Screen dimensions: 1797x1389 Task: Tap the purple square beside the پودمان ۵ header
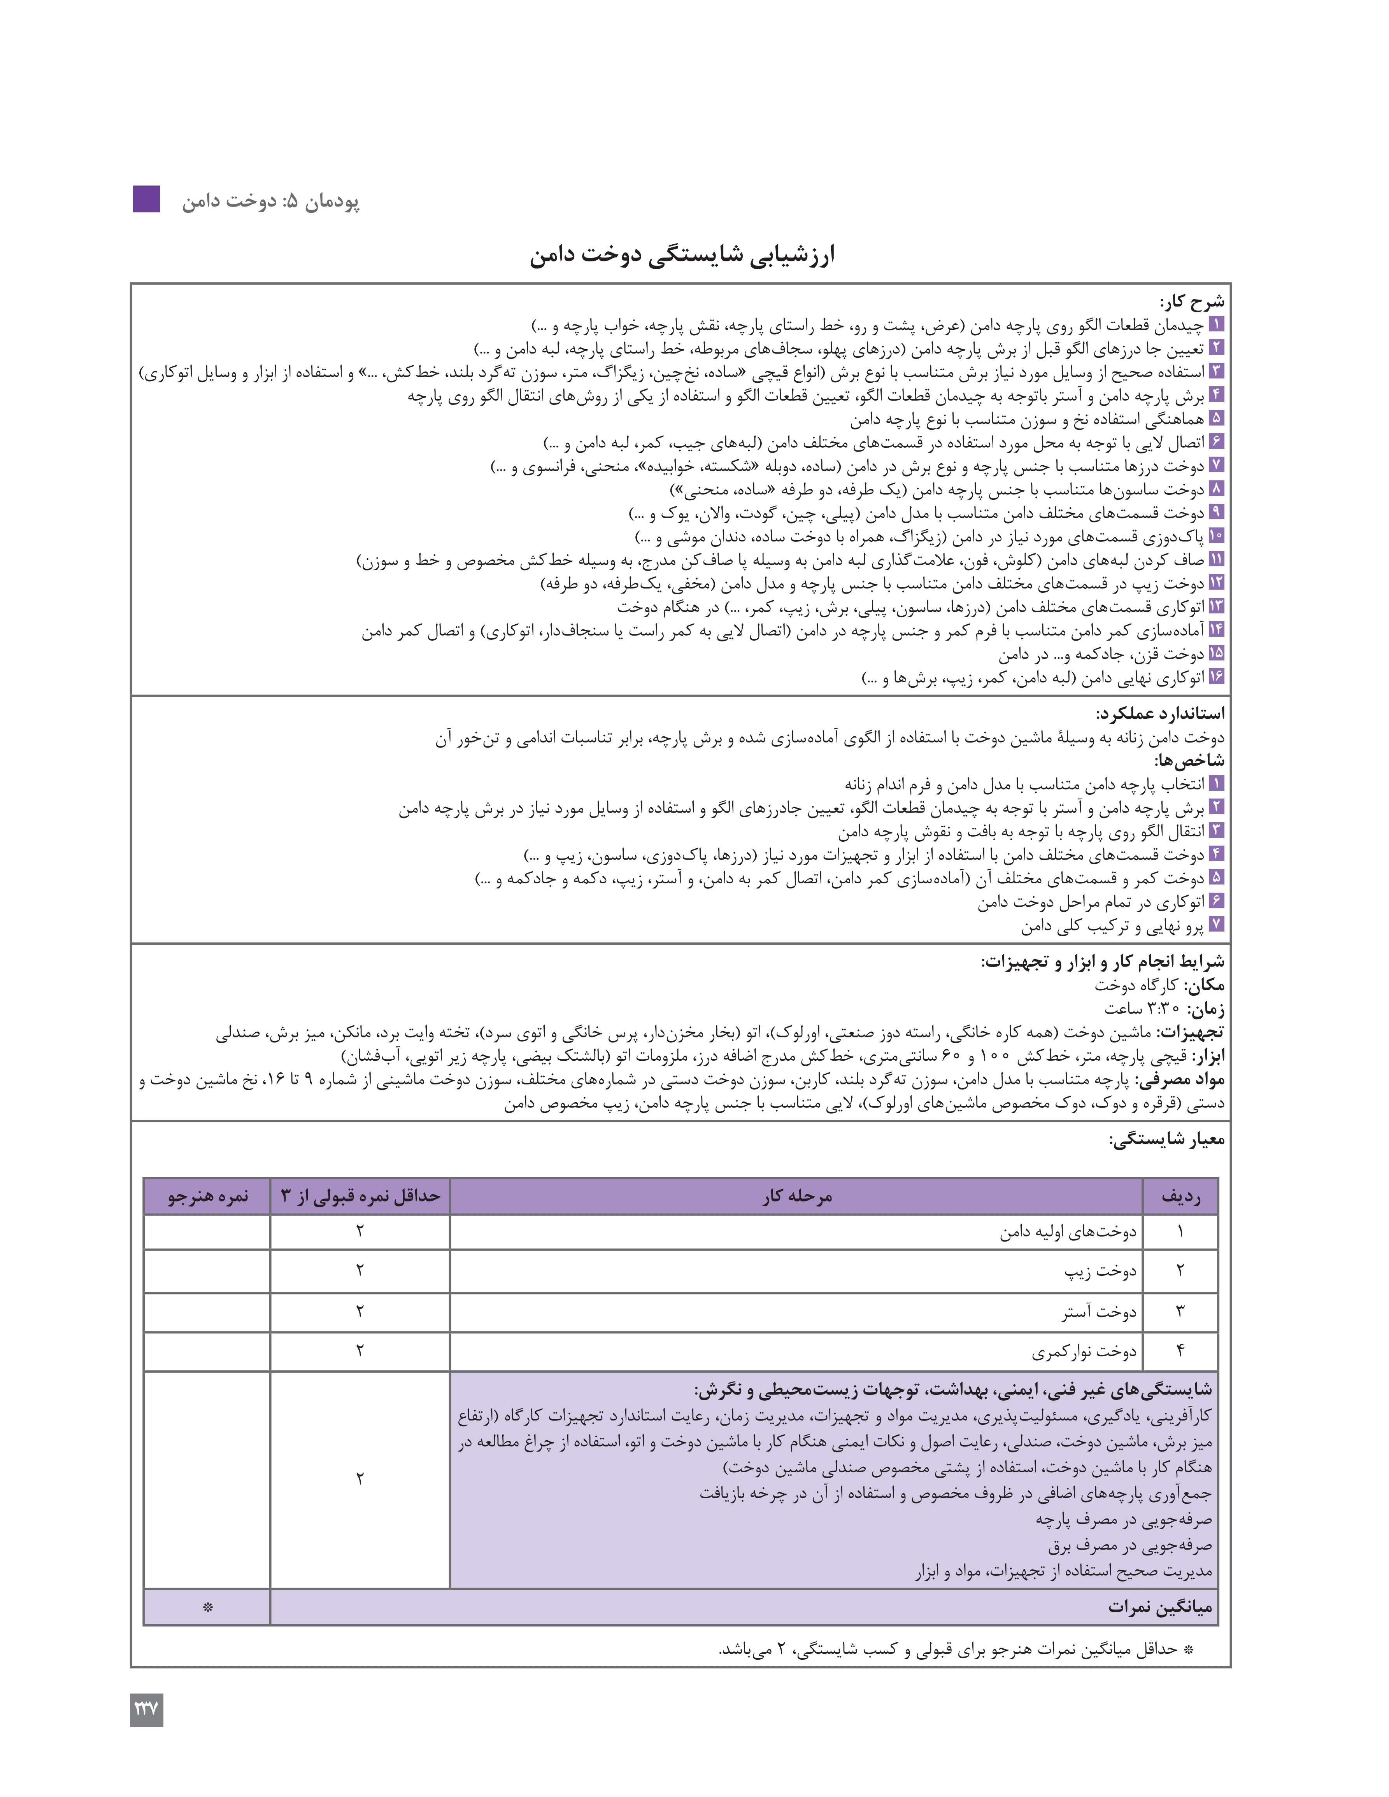pos(146,199)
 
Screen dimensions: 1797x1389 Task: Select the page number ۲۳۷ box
pos(146,1710)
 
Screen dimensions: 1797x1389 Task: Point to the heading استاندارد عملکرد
pos(1160,713)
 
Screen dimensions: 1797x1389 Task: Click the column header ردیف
pos(1180,1196)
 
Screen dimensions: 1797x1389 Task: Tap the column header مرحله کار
pos(796,1196)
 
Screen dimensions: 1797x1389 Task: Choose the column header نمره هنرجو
pos(207,1196)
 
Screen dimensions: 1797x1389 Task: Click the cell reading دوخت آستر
pos(1098,1312)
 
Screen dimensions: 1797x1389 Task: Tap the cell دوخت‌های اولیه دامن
pos(1068,1232)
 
